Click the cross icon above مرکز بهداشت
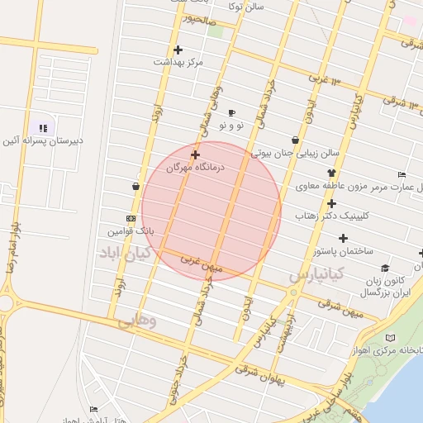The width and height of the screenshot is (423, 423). pyautogui.click(x=178, y=50)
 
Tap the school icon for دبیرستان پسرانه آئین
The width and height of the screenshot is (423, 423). pyautogui.click(x=43, y=128)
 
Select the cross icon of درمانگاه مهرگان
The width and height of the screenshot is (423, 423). pyautogui.click(x=195, y=154)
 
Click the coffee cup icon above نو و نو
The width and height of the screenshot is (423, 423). pyautogui.click(x=231, y=112)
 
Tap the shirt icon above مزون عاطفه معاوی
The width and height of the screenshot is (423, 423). pyautogui.click(x=331, y=173)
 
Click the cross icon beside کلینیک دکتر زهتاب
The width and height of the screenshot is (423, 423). pyautogui.click(x=331, y=203)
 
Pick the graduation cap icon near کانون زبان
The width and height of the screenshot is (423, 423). pyautogui.click(x=385, y=268)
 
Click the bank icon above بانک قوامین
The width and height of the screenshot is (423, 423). pyautogui.click(x=131, y=218)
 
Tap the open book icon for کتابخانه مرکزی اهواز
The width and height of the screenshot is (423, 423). pyautogui.click(x=391, y=337)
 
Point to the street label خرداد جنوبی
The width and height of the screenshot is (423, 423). pyautogui.click(x=174, y=381)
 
